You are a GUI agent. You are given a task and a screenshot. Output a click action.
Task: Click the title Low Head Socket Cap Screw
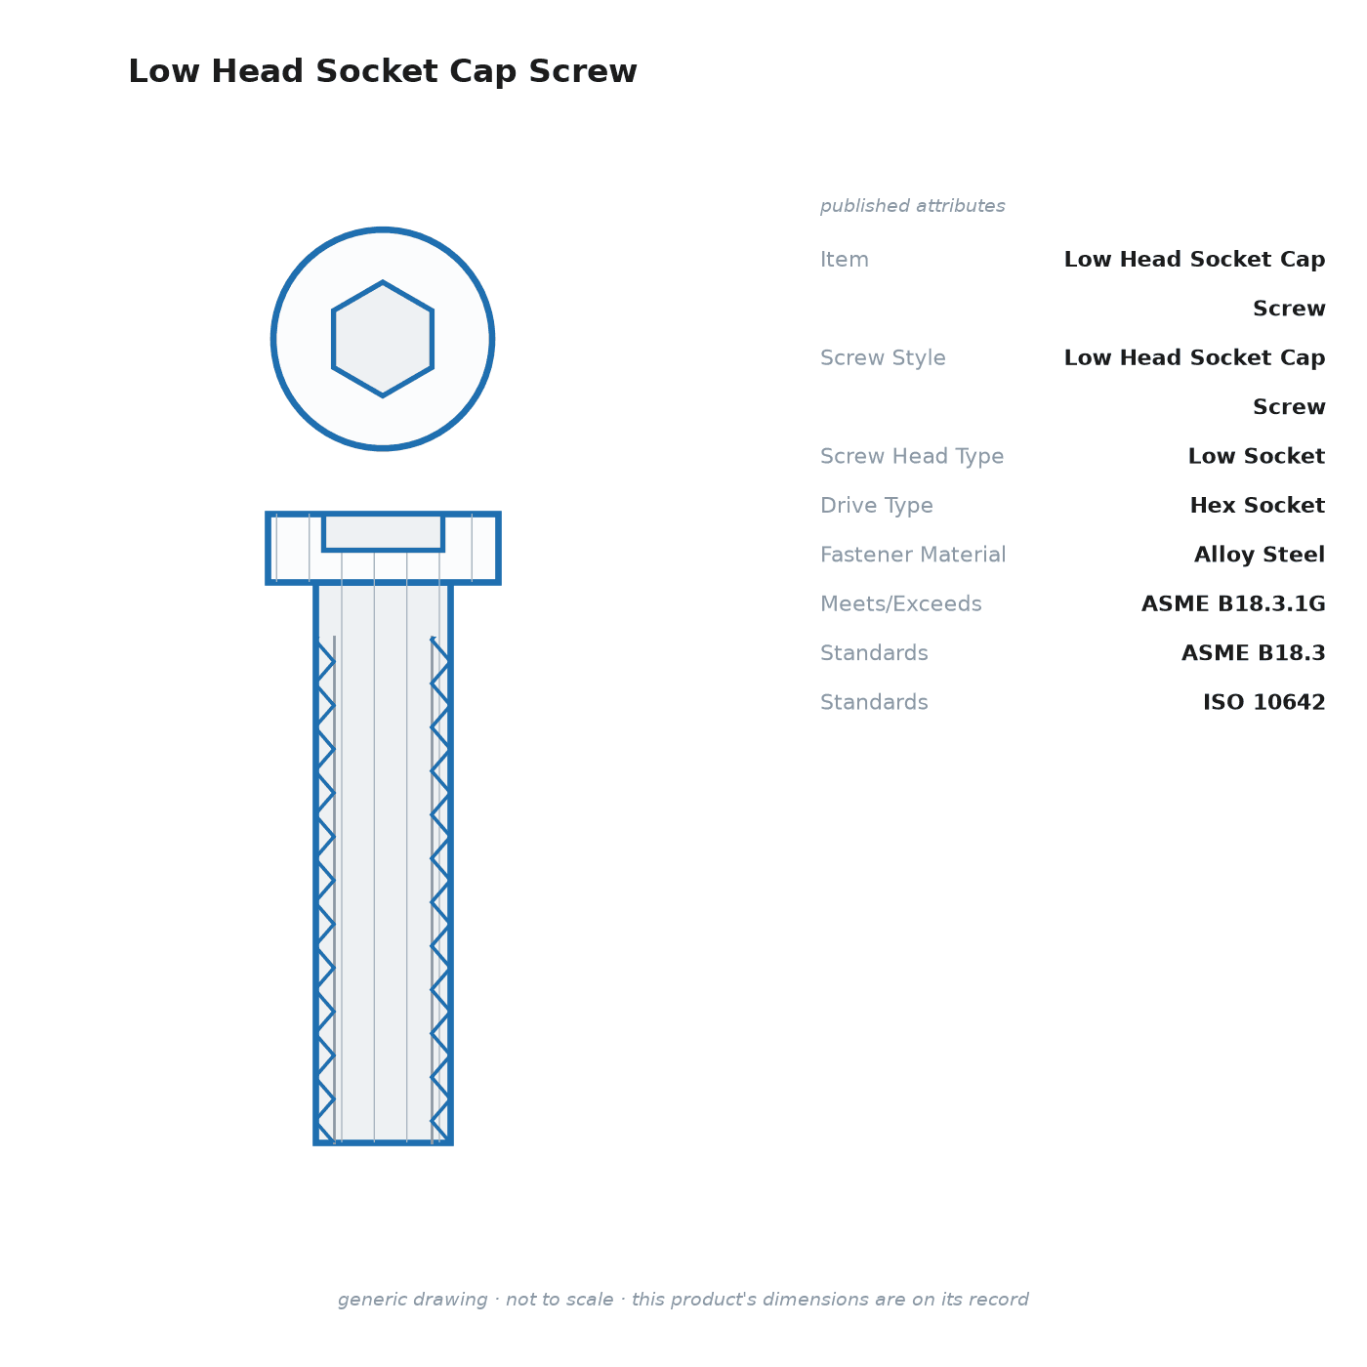(x=383, y=71)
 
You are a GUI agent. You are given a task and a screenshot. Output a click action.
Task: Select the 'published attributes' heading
(x=912, y=206)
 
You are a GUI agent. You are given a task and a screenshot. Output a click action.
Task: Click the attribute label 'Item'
(x=845, y=260)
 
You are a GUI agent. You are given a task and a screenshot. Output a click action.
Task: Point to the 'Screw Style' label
(x=883, y=357)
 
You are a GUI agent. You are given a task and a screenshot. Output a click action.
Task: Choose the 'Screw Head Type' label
(x=912, y=456)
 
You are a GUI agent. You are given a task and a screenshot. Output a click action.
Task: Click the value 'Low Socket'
(x=1257, y=456)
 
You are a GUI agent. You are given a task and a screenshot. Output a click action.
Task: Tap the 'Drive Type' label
(x=876, y=505)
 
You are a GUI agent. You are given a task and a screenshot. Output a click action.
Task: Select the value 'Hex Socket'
(x=1257, y=505)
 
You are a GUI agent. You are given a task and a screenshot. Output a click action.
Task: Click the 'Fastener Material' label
(x=913, y=555)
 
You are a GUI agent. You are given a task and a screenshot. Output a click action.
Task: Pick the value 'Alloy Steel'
(x=1260, y=555)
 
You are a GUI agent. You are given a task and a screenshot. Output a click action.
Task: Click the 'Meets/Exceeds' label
(x=901, y=603)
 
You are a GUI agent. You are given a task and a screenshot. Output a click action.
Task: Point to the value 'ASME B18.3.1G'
(x=1233, y=603)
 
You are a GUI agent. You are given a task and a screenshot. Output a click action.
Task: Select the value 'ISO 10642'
(x=1263, y=702)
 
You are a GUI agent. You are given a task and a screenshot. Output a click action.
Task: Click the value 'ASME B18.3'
(x=1253, y=652)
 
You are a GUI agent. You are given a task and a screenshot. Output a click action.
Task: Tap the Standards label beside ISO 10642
(x=874, y=702)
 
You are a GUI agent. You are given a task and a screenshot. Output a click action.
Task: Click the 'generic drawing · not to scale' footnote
(x=683, y=1299)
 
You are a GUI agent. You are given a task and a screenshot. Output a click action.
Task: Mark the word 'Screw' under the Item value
(x=1289, y=309)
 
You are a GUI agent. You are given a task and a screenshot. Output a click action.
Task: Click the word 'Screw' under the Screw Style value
(x=1289, y=407)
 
